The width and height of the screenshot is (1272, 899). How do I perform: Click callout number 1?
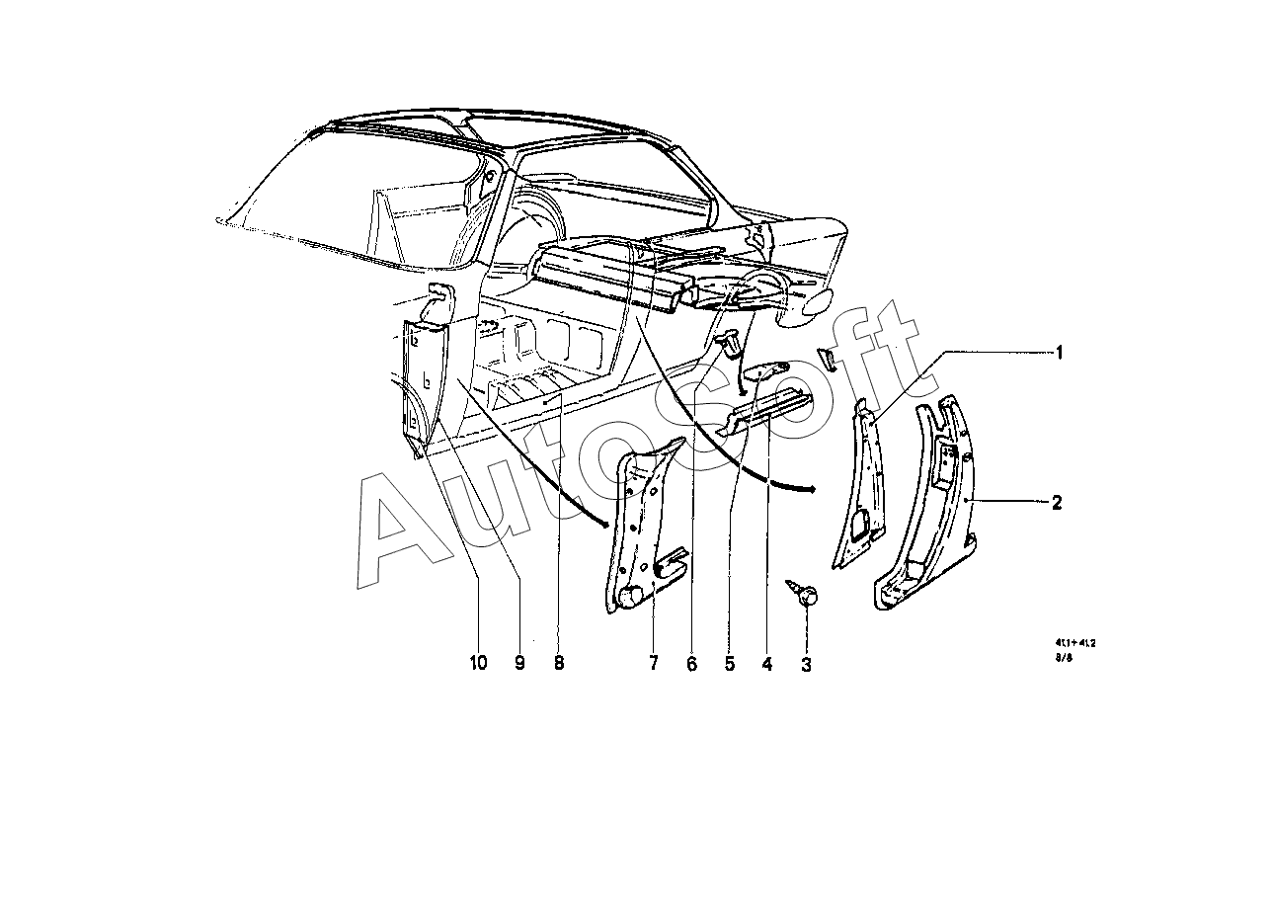point(1059,353)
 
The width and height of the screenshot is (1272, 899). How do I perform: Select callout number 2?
point(1057,503)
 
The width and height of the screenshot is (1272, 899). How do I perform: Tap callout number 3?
point(806,665)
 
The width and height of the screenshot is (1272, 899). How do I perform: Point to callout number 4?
point(766,664)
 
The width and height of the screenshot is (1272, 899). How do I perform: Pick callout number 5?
point(730,664)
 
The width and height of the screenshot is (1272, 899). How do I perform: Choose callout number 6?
point(691,664)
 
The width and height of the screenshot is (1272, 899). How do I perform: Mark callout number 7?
point(653,664)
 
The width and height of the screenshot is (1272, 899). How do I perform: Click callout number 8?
point(559,664)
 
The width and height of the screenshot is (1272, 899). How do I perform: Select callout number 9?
point(519,664)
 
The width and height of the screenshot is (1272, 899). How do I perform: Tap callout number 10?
point(478,664)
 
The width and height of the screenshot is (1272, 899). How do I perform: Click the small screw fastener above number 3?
point(806,595)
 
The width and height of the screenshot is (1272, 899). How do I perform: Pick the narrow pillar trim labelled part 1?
point(859,484)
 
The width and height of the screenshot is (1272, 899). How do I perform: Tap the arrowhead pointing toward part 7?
point(605,523)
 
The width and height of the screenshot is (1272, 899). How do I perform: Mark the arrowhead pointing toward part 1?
point(810,488)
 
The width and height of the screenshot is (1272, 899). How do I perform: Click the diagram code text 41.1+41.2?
point(1074,641)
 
